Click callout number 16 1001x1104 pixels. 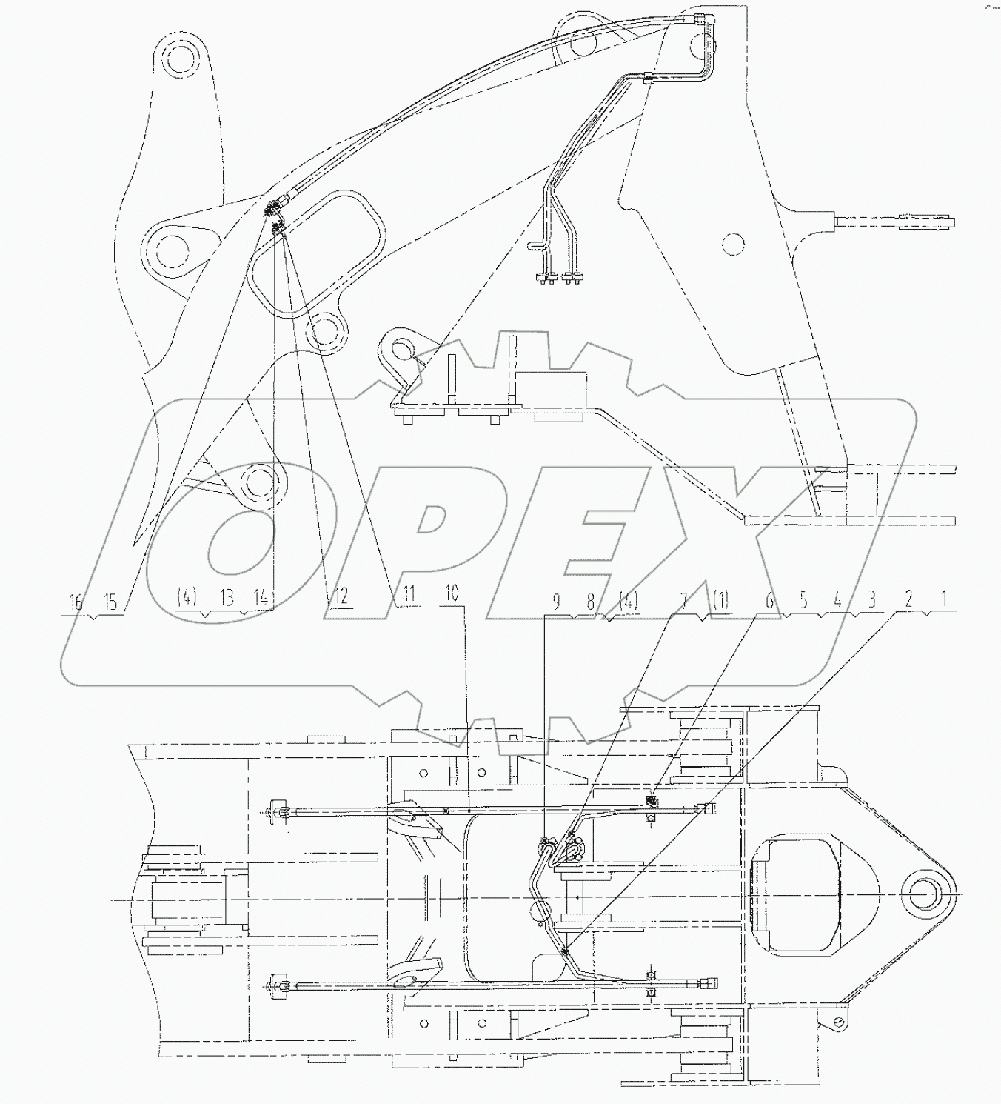pos(76,601)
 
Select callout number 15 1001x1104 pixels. pos(110,601)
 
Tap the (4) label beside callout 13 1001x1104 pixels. pos(187,596)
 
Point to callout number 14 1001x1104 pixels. pos(260,596)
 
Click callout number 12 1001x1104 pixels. pos(341,596)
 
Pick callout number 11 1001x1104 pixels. pos(408,594)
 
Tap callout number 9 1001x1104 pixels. pos(556,602)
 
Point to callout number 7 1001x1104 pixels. pos(684,600)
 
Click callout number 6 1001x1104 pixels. pos(769,601)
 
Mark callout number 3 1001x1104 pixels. pos(871,600)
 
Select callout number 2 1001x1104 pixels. pos(909,600)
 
